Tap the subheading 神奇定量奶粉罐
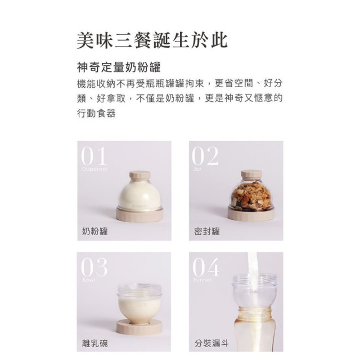tap(119, 68)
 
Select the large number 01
tap(94, 156)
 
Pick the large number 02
tap(205, 156)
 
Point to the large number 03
tap(94, 268)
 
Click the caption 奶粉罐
tap(95, 231)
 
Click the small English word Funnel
tap(202, 280)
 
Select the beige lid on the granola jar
tap(251, 175)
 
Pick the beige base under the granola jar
tap(251, 214)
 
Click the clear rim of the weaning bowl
tap(139, 290)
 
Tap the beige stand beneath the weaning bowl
tap(139, 325)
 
